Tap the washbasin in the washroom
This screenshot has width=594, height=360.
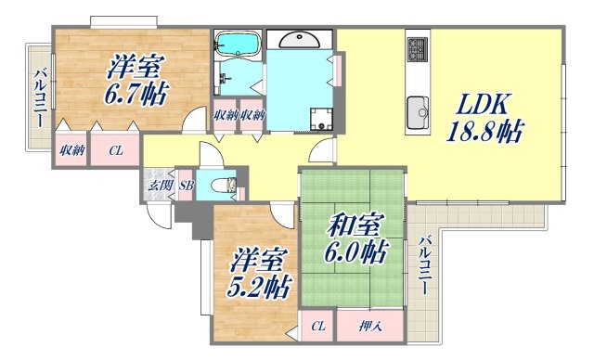pyautogui.click(x=302, y=40)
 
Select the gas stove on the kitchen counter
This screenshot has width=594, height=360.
pyautogui.click(x=417, y=46)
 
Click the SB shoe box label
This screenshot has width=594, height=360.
pyautogui.click(x=186, y=186)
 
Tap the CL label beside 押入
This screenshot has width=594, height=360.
pyautogui.click(x=317, y=326)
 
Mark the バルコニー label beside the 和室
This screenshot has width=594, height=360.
pyautogui.click(x=425, y=264)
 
